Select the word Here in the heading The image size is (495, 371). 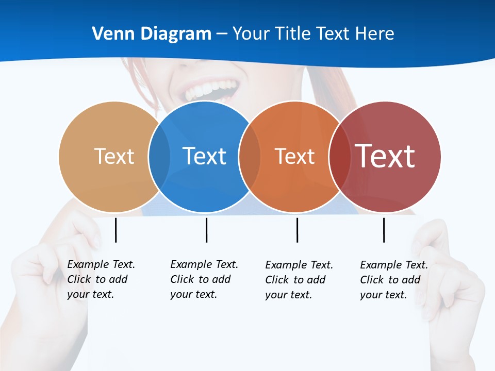tap(375, 33)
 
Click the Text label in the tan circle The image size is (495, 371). tap(114, 156)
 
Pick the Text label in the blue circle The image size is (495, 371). tap(204, 156)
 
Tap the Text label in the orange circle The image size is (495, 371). tap(294, 156)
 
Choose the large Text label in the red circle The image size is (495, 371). tap(385, 156)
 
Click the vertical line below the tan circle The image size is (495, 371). tap(115, 230)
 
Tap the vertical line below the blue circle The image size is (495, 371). tap(206, 230)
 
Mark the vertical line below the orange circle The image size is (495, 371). tap(297, 230)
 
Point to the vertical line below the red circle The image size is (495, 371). tap(384, 230)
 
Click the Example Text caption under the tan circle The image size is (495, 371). tap(101, 279)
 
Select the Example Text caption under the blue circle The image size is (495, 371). tap(204, 279)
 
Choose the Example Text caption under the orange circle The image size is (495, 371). tap(299, 280)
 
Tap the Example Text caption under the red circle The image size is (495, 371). tap(393, 280)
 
